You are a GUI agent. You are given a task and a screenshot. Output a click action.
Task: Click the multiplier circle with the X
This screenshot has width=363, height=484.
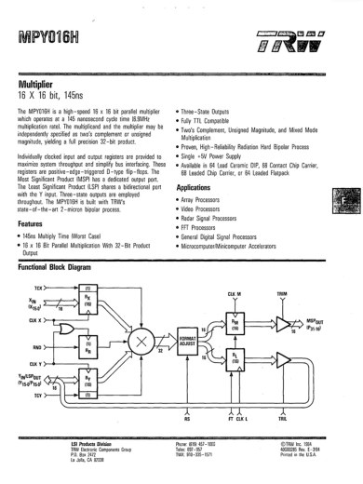coord(141,343)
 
